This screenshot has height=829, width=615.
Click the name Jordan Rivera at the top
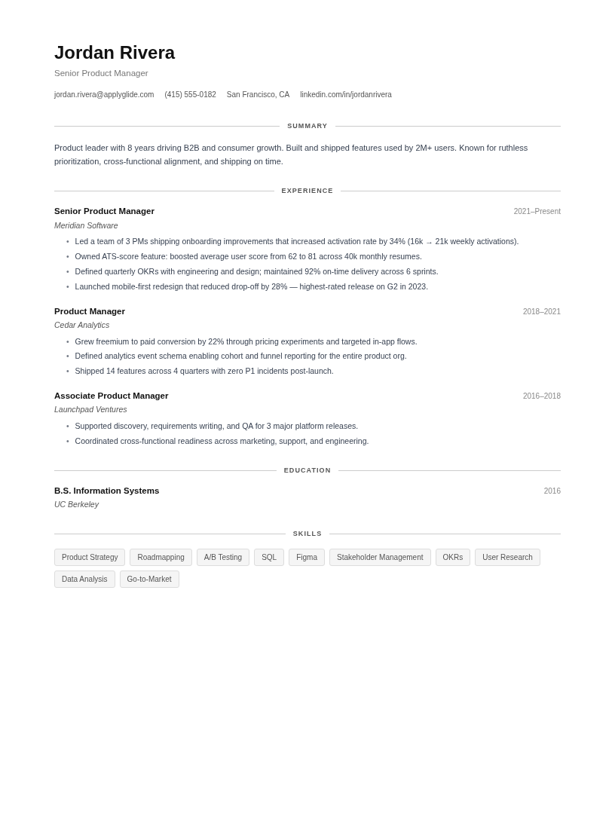tap(115, 53)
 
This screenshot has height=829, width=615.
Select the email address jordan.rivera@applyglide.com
tap(104, 95)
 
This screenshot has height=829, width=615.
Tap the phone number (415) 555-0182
tap(190, 95)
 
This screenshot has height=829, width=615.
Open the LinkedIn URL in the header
tap(346, 95)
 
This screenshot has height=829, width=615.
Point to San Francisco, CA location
tap(258, 95)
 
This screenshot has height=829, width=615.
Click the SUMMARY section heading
tap(307, 126)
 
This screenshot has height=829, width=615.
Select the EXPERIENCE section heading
tap(307, 191)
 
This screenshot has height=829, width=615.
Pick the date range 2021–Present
tap(537, 212)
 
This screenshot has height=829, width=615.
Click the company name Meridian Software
tap(86, 225)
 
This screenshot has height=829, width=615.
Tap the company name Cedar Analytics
tap(81, 325)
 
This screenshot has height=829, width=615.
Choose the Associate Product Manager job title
tap(112, 396)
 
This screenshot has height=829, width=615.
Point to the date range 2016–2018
tap(541, 396)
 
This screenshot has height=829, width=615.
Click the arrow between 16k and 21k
tap(429, 242)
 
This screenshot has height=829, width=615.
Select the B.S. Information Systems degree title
tap(107, 491)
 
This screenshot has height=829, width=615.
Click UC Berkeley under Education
tap(76, 504)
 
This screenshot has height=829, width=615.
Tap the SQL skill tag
tap(269, 558)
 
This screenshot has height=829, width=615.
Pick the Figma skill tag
tap(307, 558)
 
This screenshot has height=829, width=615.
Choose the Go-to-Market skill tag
tap(149, 580)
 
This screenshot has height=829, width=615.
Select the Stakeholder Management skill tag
tap(380, 558)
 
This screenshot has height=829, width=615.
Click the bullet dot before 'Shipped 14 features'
tap(68, 372)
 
